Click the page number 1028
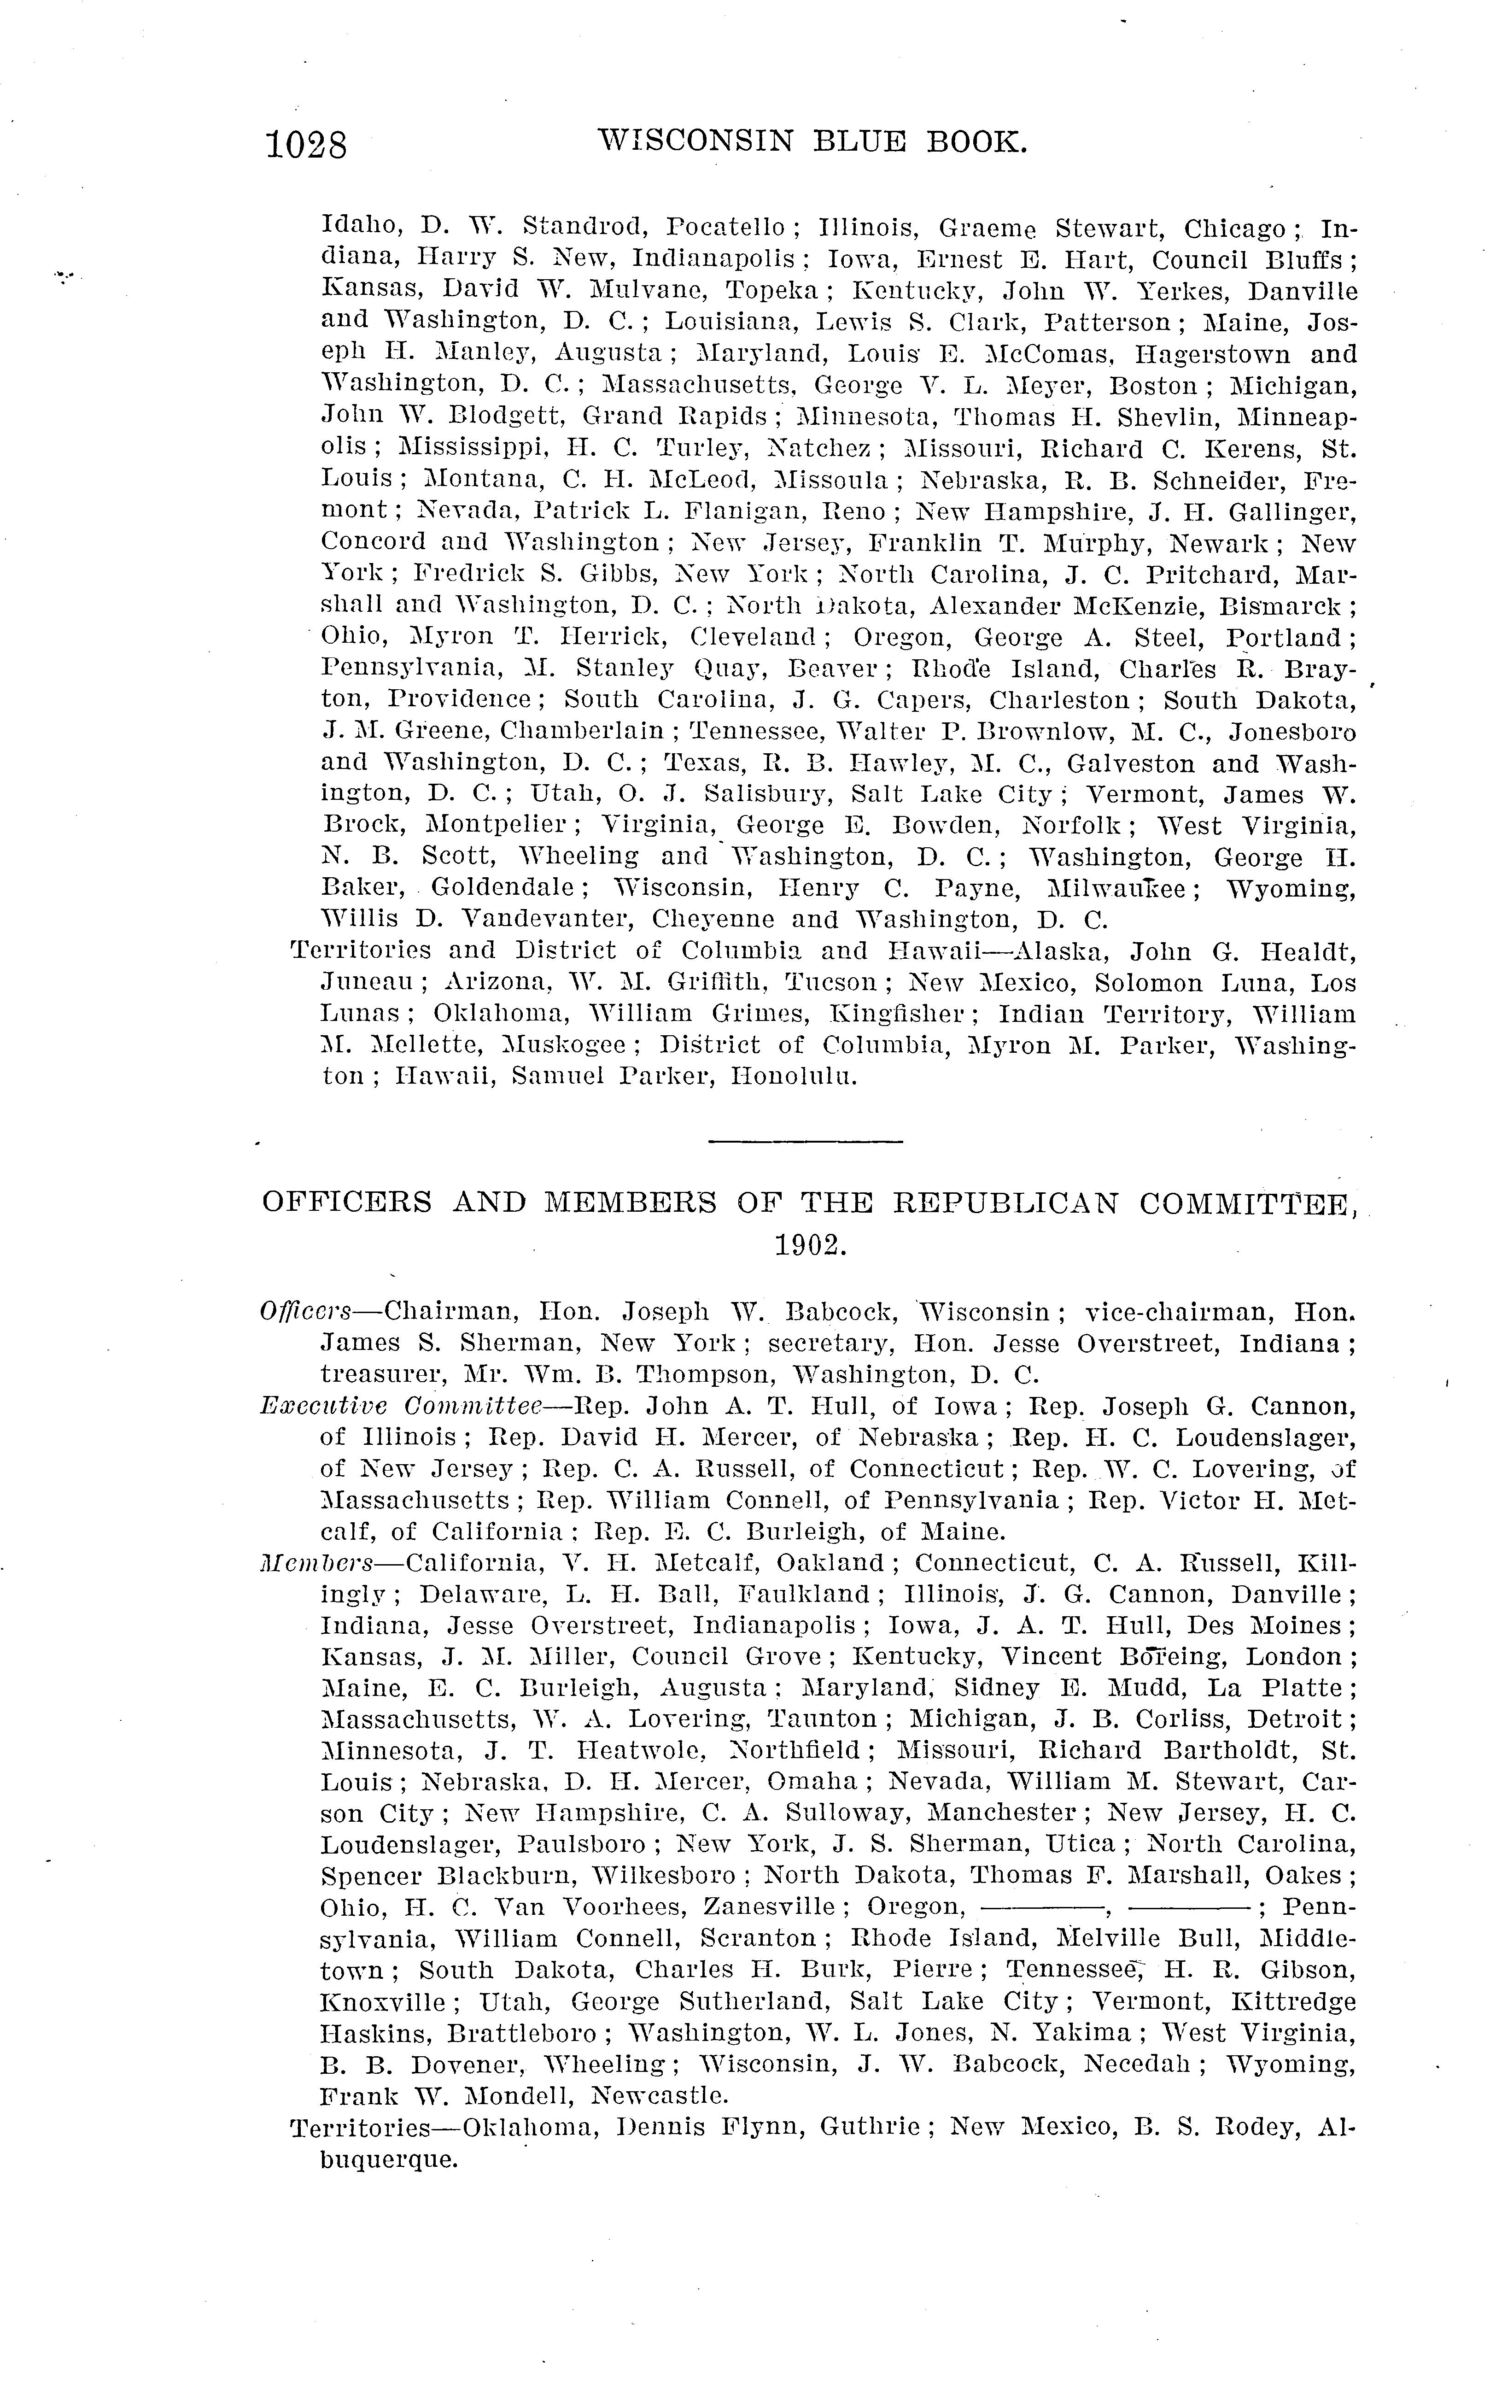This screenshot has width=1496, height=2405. (306, 146)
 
